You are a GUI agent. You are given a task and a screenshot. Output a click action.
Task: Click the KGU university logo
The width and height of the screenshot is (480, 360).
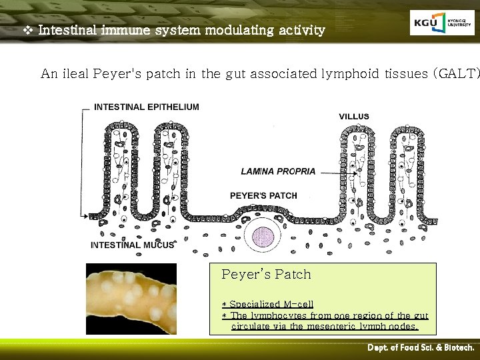click(x=442, y=23)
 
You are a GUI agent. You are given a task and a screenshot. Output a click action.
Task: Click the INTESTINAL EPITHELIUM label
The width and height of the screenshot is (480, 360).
click(x=147, y=107)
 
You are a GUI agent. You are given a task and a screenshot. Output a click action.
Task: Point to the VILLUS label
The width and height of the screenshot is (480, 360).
click(x=354, y=117)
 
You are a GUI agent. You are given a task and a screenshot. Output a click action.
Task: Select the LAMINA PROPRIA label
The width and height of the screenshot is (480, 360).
click(x=278, y=171)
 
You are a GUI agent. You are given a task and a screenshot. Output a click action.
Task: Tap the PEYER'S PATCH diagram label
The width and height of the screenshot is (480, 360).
click(x=263, y=195)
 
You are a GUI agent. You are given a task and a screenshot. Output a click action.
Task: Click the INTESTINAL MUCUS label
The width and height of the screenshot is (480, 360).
click(x=133, y=245)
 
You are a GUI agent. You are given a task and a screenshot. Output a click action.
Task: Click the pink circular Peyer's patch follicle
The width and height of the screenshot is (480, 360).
click(x=265, y=237)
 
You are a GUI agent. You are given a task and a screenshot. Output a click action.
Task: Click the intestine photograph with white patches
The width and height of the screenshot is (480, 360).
click(x=131, y=298)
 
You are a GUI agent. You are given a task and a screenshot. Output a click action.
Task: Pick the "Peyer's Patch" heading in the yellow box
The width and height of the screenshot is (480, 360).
click(x=266, y=274)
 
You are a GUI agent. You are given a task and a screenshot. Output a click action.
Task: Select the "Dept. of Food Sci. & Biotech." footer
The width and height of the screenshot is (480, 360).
click(x=421, y=348)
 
